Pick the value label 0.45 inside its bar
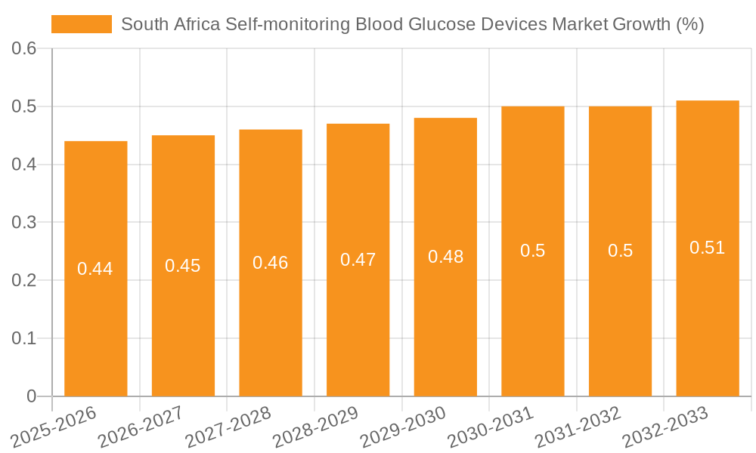point(183,266)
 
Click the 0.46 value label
point(271,263)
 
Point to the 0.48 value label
point(446,257)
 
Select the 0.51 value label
point(708,248)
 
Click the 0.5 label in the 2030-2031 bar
point(533,251)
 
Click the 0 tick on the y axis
point(31,396)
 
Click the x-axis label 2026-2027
point(141,427)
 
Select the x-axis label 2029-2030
point(403,427)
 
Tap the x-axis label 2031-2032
point(578,427)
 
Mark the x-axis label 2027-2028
point(228,427)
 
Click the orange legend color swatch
point(82,24)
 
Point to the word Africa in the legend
point(197,24)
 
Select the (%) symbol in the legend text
point(690,24)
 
